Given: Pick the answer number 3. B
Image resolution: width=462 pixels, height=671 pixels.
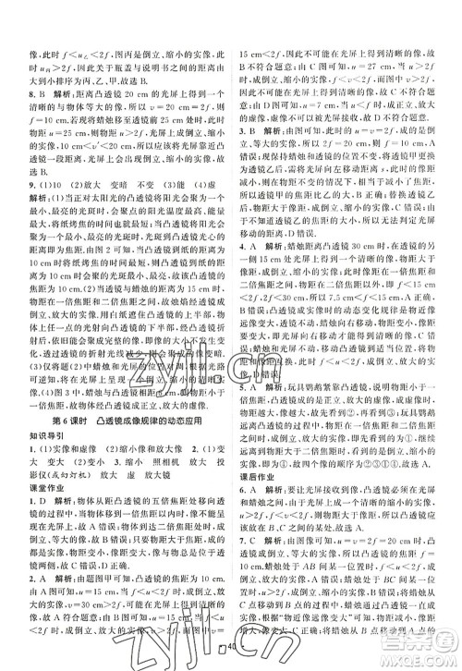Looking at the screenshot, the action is click(x=251, y=131).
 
